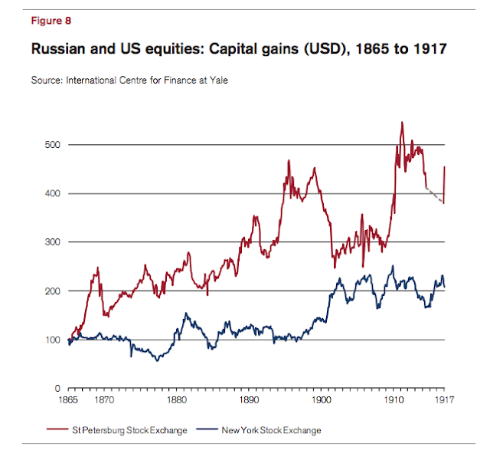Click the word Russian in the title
(58, 51)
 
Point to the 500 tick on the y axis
(52, 145)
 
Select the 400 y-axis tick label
(52, 194)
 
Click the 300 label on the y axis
(52, 242)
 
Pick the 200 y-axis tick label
(52, 291)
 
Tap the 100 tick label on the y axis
(52, 340)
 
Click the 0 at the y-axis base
(57, 389)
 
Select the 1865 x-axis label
(69, 400)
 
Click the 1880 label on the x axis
(177, 400)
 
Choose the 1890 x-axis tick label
(250, 400)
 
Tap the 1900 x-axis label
(322, 400)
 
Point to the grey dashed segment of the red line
(435, 195)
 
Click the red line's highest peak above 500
(402, 123)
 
